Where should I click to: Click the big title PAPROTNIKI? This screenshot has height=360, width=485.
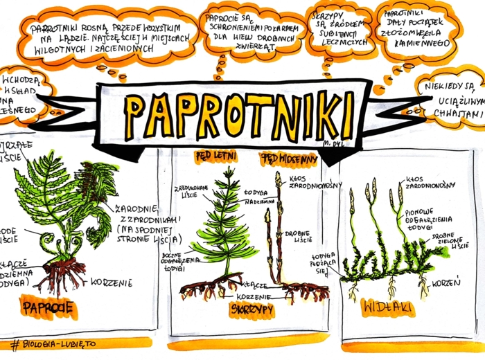pyautogui.click(x=239, y=114)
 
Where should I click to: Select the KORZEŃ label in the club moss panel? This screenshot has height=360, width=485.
pyautogui.click(x=446, y=284)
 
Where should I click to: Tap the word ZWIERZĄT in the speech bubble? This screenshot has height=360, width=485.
pyautogui.click(x=256, y=47)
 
